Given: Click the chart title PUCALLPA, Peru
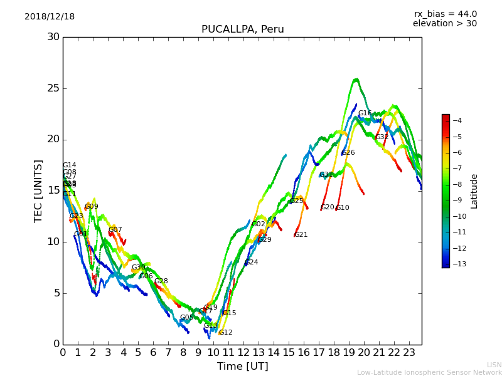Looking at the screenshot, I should pos(242,29).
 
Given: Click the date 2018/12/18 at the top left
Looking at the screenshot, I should pos(50,17).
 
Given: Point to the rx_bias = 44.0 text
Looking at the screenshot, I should pos(445,14).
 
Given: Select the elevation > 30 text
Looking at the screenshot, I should pos(444,24).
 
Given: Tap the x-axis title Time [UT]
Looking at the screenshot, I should pos(242,367).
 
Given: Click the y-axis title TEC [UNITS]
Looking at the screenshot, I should pos(38,191).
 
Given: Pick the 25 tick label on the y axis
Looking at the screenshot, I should pos(53,88).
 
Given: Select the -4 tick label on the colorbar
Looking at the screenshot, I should pos(457,121).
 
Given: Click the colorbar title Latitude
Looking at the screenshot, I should pos(474,191).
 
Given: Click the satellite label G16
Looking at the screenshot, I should pos(365,113).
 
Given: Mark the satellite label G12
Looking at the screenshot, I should pos(225,333).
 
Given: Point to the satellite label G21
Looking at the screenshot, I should pos(301,235).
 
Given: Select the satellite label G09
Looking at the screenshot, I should pos(92,207).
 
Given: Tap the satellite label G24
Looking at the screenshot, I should pos(251,263).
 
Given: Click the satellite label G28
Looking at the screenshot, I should pos(161,281).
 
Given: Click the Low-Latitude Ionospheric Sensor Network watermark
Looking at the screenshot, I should pos(429,373).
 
